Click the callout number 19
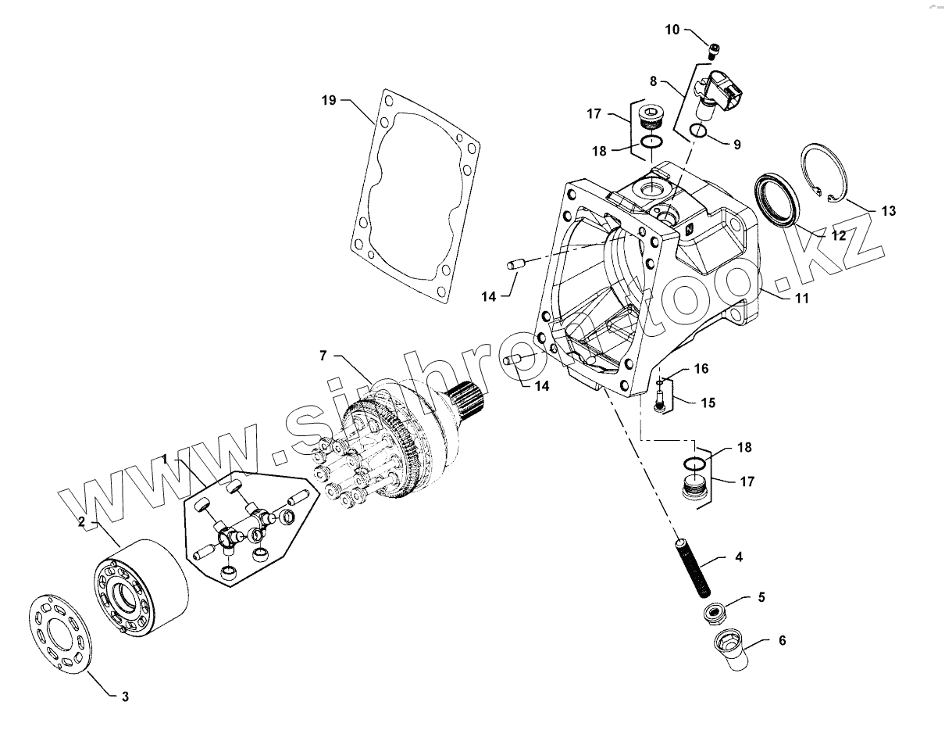[328, 100]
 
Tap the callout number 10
[672, 30]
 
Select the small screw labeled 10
[713, 52]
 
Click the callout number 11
[801, 298]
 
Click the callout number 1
[165, 457]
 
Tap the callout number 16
[701, 368]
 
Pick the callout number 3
[125, 697]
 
